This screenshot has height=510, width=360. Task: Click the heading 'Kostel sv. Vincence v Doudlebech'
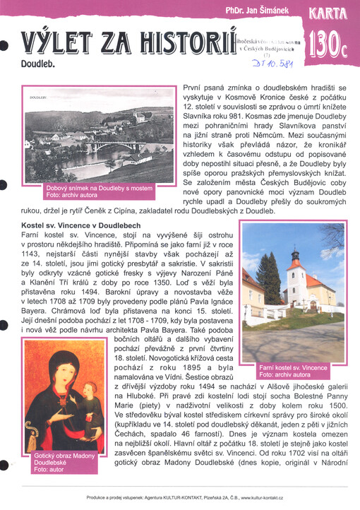[81, 225]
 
